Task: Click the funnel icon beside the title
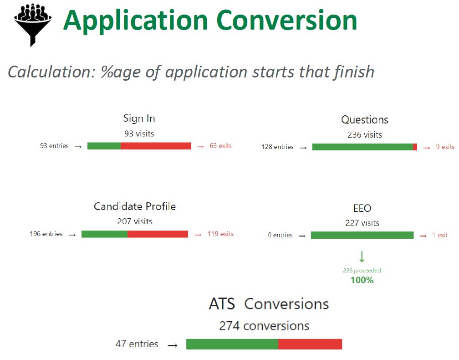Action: (x=31, y=23)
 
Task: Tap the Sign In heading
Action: (x=139, y=118)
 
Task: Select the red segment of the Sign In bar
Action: (x=156, y=146)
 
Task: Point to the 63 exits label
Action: (x=220, y=146)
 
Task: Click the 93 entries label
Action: (x=54, y=146)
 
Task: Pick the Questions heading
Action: (x=364, y=120)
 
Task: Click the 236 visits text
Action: (x=364, y=134)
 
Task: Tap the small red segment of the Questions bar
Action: (x=415, y=147)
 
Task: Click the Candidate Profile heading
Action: (x=135, y=206)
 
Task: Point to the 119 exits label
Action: (x=220, y=234)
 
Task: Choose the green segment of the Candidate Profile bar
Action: (x=104, y=234)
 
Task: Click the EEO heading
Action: (x=362, y=208)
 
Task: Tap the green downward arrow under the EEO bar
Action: (x=362, y=257)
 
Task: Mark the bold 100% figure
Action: (x=362, y=280)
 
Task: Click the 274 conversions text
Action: (x=264, y=326)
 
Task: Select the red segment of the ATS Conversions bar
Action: (x=310, y=344)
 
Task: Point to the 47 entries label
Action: (x=137, y=344)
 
